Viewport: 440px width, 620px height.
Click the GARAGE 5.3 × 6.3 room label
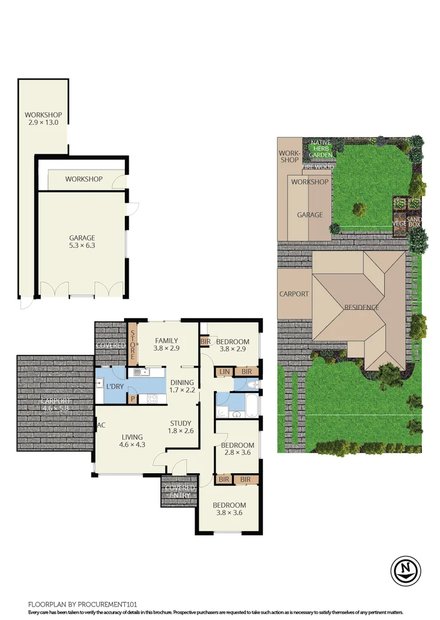click(x=82, y=241)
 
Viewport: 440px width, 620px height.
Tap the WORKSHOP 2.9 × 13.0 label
click(x=43, y=119)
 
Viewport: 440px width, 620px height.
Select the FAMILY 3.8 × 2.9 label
click(x=166, y=345)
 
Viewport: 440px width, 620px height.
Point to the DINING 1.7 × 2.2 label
click(x=182, y=385)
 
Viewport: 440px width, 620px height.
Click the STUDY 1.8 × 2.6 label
click(x=181, y=427)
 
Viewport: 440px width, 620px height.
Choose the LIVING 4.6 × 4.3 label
click(x=132, y=440)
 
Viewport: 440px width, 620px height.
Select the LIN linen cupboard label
click(x=224, y=371)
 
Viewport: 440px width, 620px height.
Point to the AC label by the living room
click(x=100, y=425)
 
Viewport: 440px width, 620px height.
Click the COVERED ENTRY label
click(x=180, y=492)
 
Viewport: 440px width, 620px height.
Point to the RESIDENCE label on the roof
click(x=361, y=307)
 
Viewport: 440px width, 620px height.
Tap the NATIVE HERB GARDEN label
click(x=321, y=149)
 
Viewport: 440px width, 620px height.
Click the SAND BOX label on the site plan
click(x=414, y=220)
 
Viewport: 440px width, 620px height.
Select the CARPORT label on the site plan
click(x=294, y=294)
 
